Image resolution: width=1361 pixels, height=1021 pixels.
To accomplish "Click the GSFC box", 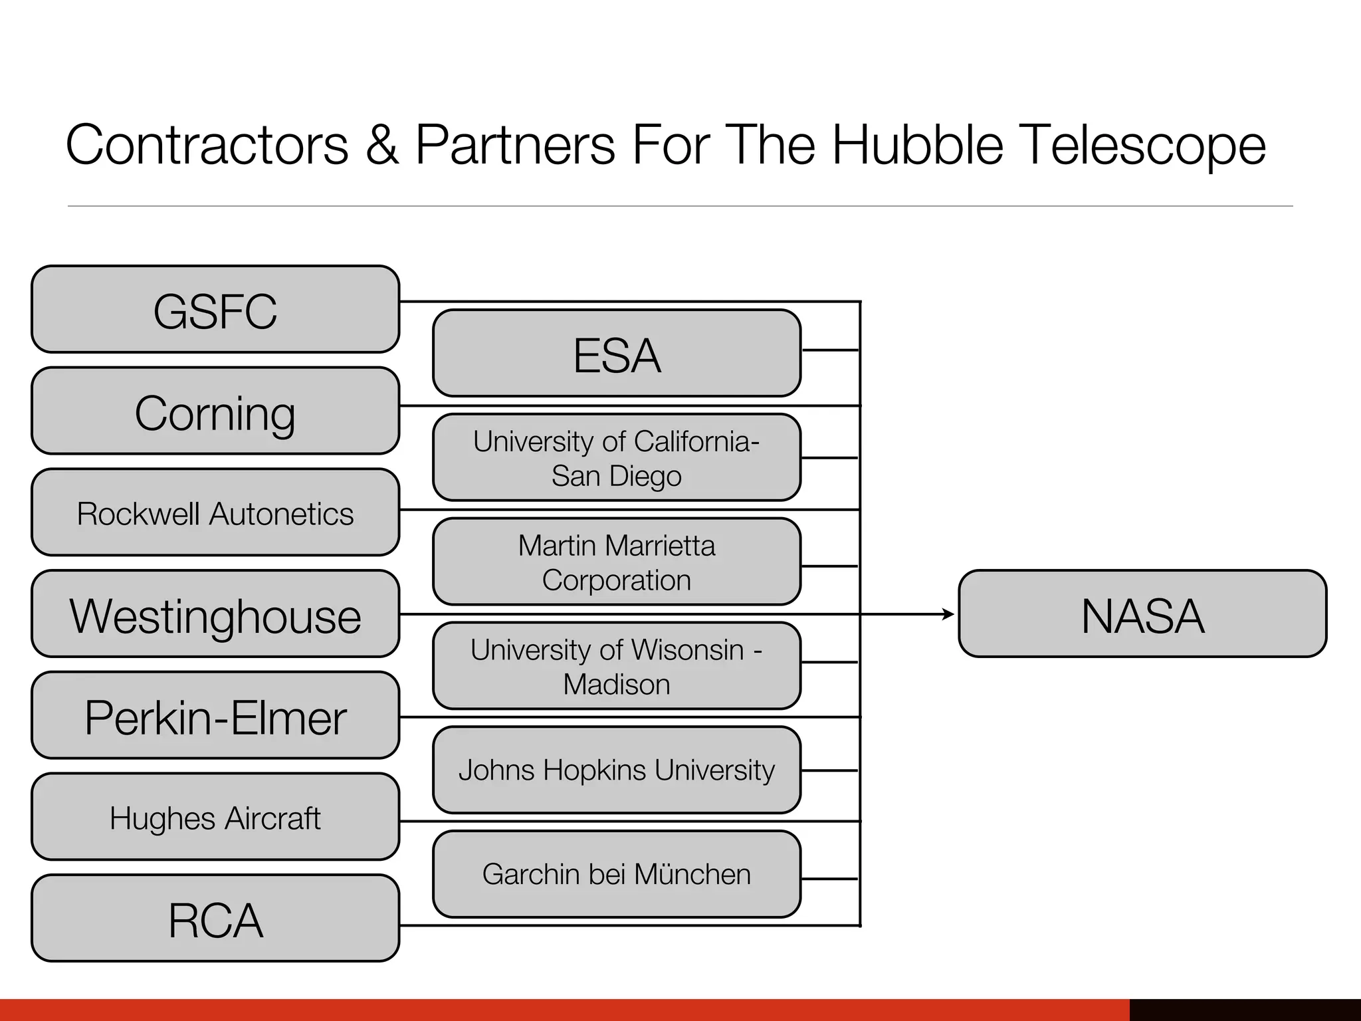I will click(215, 310).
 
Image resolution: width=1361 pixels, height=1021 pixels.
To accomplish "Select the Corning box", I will click(215, 411).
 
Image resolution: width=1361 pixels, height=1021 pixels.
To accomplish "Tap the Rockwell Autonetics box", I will click(215, 512).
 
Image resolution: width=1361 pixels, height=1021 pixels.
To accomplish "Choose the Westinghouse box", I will click(215, 614).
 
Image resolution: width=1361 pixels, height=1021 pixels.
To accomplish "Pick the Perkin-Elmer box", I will click(215, 716).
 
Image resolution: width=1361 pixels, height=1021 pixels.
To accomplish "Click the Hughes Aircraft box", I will click(215, 817).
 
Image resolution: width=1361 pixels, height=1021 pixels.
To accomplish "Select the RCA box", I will click(215, 919).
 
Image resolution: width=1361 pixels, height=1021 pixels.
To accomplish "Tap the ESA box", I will click(617, 354).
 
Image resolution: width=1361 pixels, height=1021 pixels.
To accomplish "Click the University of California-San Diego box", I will click(617, 458).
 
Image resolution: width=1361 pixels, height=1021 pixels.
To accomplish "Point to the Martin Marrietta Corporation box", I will click(617, 562).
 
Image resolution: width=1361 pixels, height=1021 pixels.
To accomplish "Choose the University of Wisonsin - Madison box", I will click(617, 666).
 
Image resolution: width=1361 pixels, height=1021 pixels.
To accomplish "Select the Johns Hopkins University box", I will click(617, 770).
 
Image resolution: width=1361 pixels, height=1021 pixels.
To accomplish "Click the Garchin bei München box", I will click(617, 875).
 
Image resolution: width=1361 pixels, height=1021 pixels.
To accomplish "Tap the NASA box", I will click(1142, 614).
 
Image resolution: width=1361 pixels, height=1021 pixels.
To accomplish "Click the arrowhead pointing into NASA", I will click(949, 614).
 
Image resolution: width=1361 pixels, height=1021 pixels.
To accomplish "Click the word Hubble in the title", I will click(918, 146).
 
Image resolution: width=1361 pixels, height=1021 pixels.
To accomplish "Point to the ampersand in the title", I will click(382, 146).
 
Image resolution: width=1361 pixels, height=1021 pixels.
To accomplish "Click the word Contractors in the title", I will click(207, 146).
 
